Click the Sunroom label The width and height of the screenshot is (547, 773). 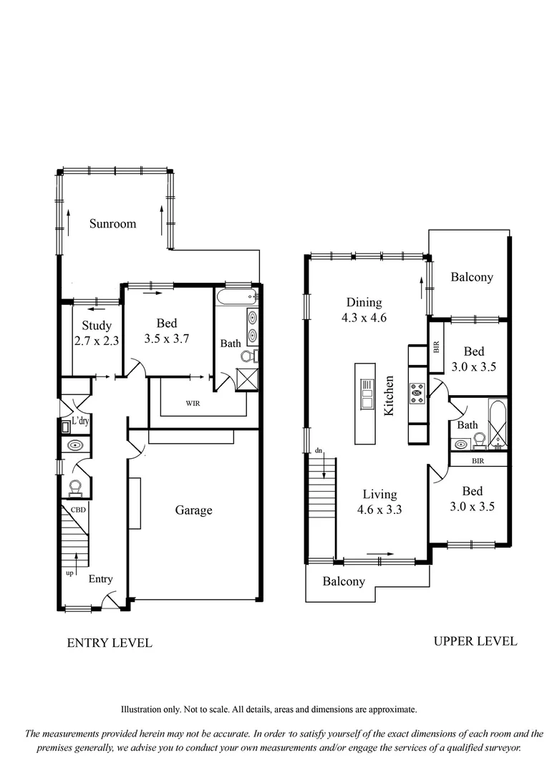(112, 224)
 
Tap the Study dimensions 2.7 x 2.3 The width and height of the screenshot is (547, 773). (96, 341)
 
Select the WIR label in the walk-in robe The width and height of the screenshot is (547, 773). (193, 404)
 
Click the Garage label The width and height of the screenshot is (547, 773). (193, 510)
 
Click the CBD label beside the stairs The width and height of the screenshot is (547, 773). (78, 510)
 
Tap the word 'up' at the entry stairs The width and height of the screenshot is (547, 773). (69, 573)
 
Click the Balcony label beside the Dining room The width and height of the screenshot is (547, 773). (471, 277)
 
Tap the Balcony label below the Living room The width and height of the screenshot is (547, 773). (343, 581)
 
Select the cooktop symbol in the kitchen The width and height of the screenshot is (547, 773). (417, 391)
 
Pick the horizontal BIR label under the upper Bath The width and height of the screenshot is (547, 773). (478, 461)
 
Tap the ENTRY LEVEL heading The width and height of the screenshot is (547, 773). (109, 643)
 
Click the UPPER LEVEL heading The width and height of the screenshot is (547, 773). (475, 641)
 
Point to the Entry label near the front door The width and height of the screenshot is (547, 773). (100, 579)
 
